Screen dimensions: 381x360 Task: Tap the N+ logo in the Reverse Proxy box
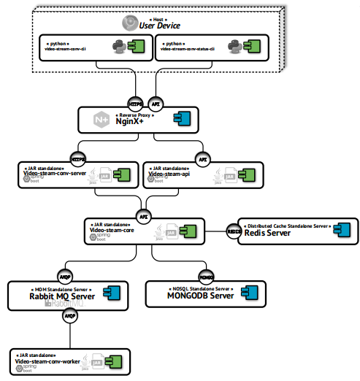point(96,119)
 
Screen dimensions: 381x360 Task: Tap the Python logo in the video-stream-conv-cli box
point(118,47)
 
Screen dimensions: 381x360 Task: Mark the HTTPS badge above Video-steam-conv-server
point(77,158)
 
